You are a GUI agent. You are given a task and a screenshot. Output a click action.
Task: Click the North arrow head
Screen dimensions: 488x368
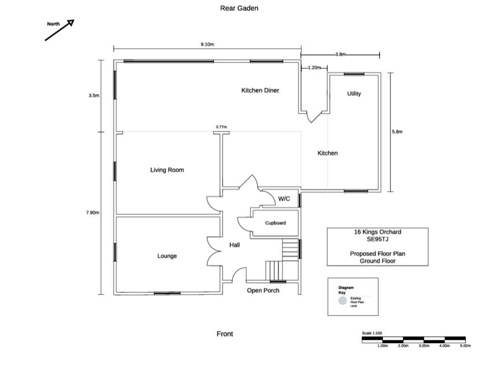coord(71,23)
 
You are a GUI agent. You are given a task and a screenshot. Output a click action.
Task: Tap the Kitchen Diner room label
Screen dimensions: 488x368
coord(260,91)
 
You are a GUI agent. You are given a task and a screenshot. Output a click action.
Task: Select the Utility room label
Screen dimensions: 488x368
coord(354,94)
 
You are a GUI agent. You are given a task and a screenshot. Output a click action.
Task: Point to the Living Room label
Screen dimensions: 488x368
coord(167,170)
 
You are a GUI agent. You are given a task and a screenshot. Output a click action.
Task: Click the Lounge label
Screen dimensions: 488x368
coord(167,256)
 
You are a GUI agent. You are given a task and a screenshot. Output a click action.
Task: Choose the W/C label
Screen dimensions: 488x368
coord(284,199)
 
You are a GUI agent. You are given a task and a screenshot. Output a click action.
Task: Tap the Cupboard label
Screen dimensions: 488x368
coord(275,223)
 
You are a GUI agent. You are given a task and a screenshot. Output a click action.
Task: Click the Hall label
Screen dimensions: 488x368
coord(234,245)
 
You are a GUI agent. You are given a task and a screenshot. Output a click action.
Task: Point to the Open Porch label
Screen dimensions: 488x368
coord(263,290)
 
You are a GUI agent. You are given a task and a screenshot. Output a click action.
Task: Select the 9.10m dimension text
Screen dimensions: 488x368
coord(207,44)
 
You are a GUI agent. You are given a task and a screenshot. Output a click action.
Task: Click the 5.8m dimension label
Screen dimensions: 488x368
coord(397,132)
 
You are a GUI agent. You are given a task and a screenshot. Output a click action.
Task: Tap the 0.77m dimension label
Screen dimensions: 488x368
coord(221,127)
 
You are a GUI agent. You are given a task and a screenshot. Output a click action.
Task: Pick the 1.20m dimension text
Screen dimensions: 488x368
coord(315,68)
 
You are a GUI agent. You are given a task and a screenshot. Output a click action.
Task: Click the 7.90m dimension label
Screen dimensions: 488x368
coord(93,213)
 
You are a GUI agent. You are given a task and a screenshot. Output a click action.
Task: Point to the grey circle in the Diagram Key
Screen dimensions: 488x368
coord(343,301)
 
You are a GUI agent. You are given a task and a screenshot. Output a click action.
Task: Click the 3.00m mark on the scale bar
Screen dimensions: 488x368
coord(424,346)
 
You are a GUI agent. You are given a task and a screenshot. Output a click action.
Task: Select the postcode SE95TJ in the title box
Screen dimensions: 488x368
coord(377,239)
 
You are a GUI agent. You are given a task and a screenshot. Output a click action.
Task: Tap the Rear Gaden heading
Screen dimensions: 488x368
coord(239,9)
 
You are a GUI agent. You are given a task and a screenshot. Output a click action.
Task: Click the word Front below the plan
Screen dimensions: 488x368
coord(225,334)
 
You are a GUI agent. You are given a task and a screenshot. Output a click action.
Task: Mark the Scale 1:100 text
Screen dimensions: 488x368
coord(372,333)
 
